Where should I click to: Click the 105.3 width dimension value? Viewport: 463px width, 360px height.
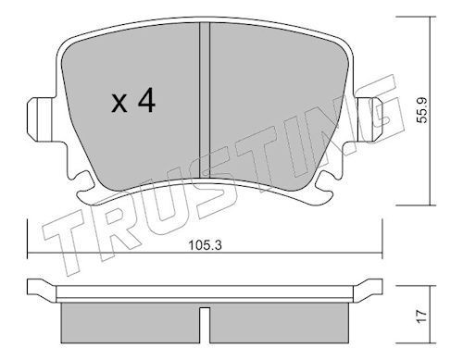206,245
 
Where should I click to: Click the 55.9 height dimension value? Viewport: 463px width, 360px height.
421,110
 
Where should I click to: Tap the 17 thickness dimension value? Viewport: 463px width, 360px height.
421,317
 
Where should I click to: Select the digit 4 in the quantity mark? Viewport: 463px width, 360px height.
146,100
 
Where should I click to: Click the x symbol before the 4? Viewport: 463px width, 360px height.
119,104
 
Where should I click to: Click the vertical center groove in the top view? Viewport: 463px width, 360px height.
205,100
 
